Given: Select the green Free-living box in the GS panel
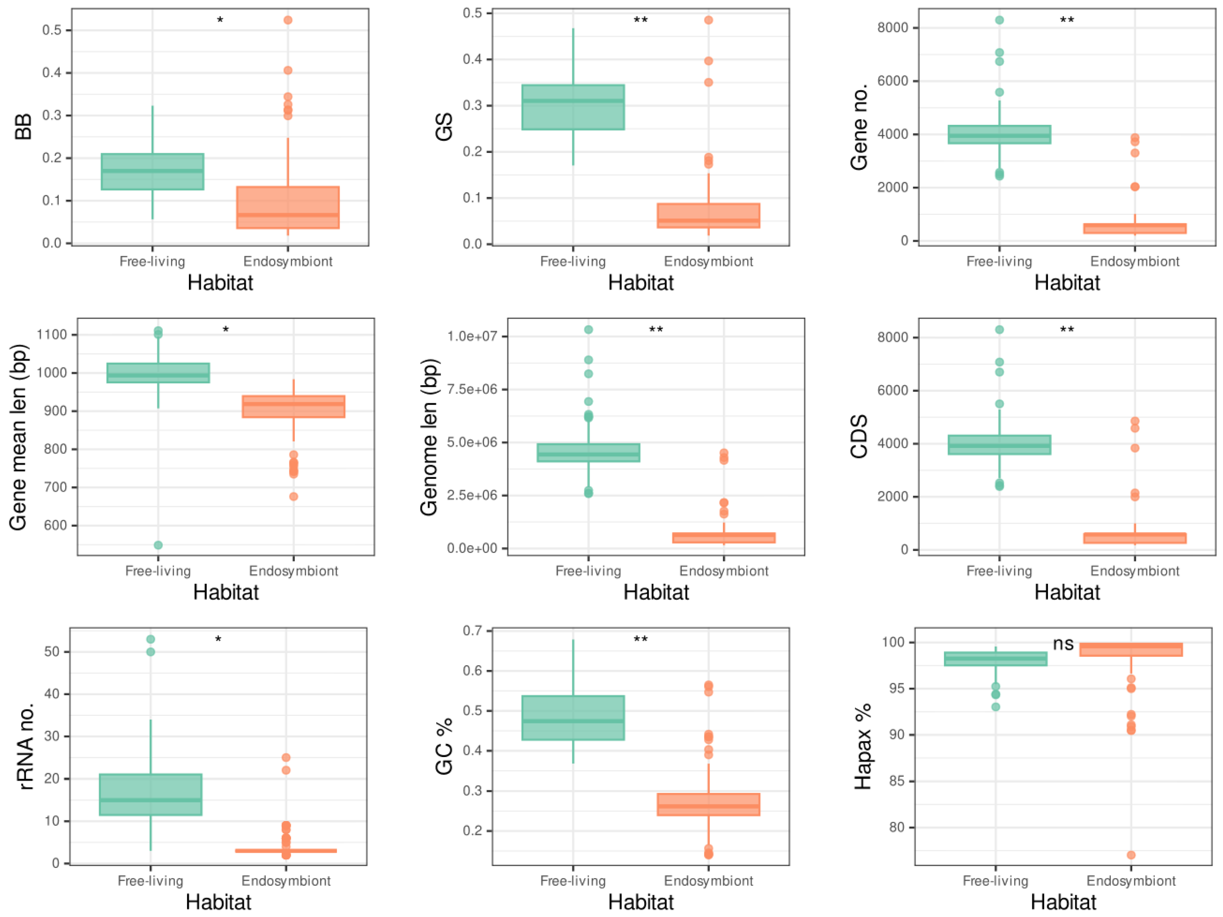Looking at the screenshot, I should coord(573,107).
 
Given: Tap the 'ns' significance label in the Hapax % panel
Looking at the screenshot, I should coord(1063,644).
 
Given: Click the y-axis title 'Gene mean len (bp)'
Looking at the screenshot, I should coord(18,437).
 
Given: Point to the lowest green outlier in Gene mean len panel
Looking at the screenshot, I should coord(158,545).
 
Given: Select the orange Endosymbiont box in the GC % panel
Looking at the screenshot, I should coord(708,804).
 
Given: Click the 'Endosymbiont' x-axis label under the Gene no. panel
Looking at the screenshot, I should coord(1134,261).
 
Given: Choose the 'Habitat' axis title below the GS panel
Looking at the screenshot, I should coord(641,283).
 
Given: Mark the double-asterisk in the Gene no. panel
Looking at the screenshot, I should coord(1066,21).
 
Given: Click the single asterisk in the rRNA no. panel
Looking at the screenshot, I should coord(218,640).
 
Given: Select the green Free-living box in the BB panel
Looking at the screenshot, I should coord(153,171).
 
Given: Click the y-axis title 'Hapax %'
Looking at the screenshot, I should coord(863,746).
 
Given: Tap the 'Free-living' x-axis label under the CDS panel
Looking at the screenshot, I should coord(999,571).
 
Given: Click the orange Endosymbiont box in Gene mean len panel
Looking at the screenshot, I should coord(294,406).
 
